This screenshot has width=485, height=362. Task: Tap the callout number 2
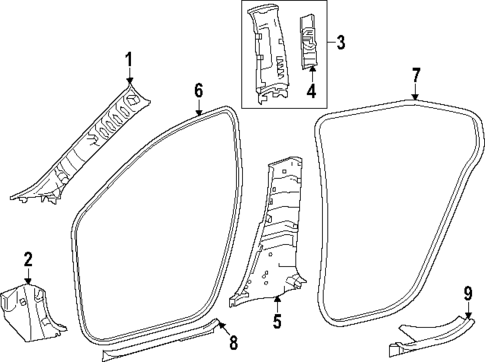[28, 259]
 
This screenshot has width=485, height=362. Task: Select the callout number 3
[342, 43]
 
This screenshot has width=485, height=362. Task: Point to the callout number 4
[311, 94]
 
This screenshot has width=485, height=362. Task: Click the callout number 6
[198, 91]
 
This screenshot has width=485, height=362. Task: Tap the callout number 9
[467, 292]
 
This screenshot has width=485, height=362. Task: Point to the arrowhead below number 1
[128, 88]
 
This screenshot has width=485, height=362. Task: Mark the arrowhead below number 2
[28, 282]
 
